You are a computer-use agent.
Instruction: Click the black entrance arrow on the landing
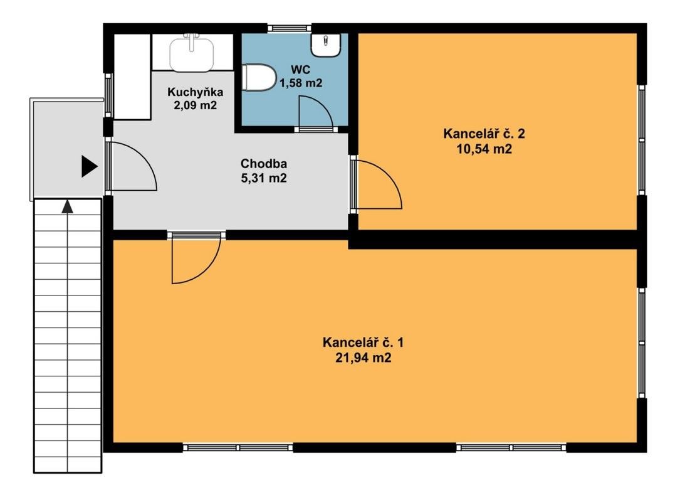pyautogui.click(x=89, y=166)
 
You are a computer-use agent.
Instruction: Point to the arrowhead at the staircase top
pyautogui.click(x=67, y=206)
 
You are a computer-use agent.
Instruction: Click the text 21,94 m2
pyautogui.click(x=364, y=358)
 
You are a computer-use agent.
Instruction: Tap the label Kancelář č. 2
pyautogui.click(x=483, y=134)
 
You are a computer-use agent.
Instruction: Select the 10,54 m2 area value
pyautogui.click(x=483, y=149)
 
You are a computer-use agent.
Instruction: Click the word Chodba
pyautogui.click(x=264, y=164)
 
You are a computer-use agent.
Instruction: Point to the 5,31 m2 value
pyautogui.click(x=264, y=178)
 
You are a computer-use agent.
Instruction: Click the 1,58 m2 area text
pyautogui.click(x=301, y=82)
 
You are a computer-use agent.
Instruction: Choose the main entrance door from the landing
pyautogui.click(x=131, y=166)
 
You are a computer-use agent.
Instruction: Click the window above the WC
pyautogui.click(x=289, y=28)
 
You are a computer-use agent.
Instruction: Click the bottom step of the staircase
pyautogui.click(x=67, y=464)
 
